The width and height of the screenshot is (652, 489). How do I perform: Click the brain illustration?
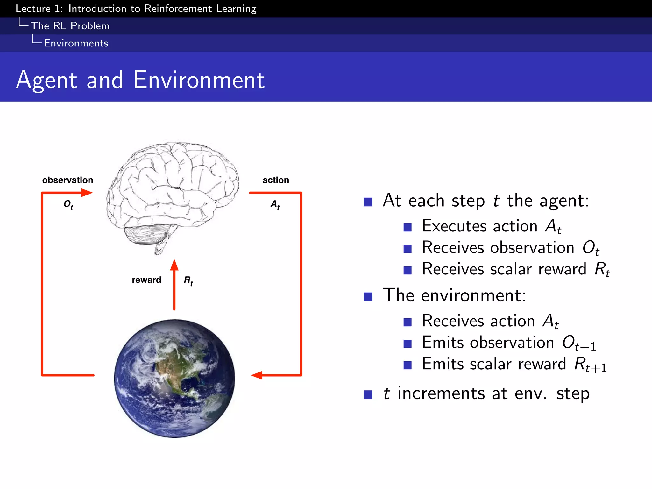172,194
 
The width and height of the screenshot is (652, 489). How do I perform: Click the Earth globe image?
174,379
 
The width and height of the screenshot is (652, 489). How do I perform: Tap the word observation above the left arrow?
67,180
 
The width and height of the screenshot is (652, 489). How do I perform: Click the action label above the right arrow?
276,180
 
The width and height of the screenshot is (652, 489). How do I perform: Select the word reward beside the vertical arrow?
146,280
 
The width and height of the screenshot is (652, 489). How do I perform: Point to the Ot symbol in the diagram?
68,205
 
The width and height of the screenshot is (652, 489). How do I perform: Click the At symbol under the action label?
275,205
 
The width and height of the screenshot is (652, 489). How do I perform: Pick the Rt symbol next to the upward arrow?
188,281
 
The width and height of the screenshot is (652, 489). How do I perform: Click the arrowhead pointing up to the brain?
174,265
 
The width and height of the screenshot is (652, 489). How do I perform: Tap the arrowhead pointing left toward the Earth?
257,375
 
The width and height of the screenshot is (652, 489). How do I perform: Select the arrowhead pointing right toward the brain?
86,193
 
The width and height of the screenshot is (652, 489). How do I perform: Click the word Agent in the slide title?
47,80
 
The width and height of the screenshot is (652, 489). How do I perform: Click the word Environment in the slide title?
199,80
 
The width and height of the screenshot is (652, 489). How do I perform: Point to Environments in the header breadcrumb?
76,43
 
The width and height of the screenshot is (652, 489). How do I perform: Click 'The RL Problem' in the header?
70,26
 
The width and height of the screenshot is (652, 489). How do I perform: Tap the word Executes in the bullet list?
454,226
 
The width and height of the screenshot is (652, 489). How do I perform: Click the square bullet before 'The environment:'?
368,297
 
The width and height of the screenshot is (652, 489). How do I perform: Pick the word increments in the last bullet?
441,393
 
